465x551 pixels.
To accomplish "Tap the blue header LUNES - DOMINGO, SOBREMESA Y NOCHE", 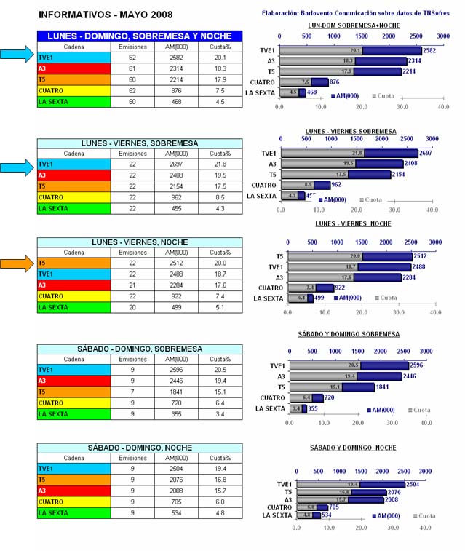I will [x=140, y=36].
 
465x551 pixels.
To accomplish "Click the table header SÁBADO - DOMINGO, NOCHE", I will [x=140, y=448].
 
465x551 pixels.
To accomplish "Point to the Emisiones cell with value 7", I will [x=132, y=392].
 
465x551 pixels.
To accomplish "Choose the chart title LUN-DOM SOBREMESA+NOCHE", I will [x=354, y=25].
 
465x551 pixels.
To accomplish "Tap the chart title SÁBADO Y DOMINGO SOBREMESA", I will [x=349, y=334].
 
